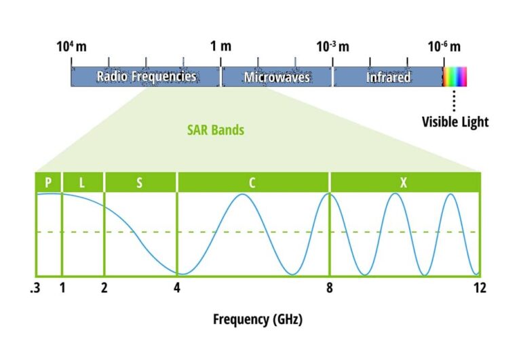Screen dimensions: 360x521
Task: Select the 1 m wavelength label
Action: (220, 47)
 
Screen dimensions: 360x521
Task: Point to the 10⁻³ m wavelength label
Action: (332, 47)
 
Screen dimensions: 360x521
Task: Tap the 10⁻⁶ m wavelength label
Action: (444, 47)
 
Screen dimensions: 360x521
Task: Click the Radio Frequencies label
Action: (146, 77)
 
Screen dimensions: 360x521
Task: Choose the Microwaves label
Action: (277, 77)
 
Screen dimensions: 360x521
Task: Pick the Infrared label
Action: (388, 77)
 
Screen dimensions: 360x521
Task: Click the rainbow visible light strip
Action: (455, 77)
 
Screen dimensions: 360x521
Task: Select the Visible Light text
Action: (455, 122)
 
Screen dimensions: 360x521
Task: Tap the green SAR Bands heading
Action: (216, 129)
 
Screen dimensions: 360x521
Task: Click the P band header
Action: (48, 182)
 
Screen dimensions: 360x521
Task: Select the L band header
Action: (83, 182)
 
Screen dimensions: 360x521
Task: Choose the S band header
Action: (140, 182)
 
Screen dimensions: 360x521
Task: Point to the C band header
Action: (252, 182)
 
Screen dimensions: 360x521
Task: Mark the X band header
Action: (405, 182)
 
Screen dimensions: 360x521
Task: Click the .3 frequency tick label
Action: (35, 288)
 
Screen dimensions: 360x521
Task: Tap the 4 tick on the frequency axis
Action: (177, 288)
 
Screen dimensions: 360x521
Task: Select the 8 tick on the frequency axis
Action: (330, 288)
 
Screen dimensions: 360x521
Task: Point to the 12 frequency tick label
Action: (480, 288)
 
